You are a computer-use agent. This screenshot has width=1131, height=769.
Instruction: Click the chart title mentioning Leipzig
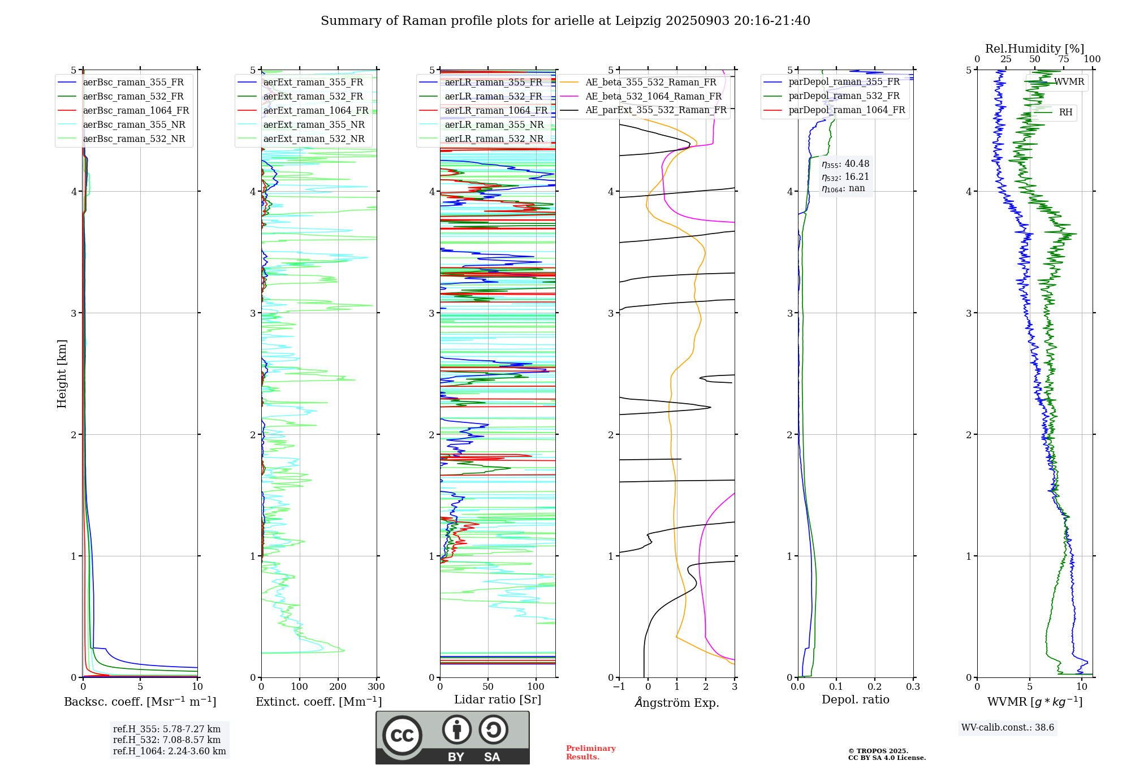565,21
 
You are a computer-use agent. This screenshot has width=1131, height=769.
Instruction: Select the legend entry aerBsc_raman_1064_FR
136,111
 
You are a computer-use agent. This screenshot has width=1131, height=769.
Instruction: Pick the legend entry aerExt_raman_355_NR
314,125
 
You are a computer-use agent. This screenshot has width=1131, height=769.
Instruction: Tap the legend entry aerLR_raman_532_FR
493,97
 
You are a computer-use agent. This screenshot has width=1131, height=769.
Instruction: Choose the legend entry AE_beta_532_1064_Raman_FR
653,97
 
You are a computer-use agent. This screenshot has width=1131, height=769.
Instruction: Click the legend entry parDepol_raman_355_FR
844,82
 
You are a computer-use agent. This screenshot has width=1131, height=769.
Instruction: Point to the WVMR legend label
1069,82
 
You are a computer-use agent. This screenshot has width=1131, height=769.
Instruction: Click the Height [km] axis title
62,374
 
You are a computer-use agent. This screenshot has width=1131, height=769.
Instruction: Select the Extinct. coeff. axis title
318,702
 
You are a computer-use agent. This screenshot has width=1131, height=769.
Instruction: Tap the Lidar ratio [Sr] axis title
498,699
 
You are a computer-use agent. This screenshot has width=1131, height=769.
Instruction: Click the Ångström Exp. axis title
677,702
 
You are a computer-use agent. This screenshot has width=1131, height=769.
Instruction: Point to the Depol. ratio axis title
855,699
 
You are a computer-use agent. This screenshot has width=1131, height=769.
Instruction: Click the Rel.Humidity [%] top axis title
1034,49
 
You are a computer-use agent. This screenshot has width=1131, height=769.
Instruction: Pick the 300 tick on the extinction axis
376,687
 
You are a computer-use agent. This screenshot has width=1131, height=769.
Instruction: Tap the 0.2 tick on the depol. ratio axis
875,687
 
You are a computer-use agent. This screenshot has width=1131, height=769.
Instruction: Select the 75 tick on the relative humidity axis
1064,59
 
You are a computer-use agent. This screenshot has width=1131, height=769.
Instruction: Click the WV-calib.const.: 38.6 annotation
1008,728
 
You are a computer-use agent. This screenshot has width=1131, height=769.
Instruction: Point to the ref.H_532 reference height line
166,740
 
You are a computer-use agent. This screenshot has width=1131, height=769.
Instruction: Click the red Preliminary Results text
590,753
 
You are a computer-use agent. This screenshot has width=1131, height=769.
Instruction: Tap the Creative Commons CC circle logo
402,736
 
